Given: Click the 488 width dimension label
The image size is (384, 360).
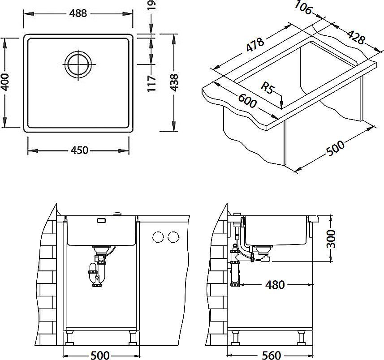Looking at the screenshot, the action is coord(78,13).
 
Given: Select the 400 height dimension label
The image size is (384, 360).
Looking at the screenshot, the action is coord(5,81).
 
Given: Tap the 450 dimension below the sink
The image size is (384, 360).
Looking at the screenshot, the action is coord(79,150).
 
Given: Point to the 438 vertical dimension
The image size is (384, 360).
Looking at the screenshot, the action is coord(174,82).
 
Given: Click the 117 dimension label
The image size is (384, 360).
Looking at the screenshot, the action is coord(152,84).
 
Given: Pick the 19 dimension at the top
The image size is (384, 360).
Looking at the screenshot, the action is coord(152,5).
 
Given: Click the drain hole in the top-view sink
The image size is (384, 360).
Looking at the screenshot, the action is coord(78,64).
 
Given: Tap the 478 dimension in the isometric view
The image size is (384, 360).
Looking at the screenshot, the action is coord(255,45).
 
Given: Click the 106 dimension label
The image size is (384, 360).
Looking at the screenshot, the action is coord(303,7).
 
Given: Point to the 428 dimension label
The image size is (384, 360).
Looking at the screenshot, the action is coord(356,37).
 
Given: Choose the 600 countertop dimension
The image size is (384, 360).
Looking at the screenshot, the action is coord(247,101).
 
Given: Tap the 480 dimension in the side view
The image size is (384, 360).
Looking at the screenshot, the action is coord(275,285).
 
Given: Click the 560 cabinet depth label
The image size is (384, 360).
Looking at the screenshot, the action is coord(271,355).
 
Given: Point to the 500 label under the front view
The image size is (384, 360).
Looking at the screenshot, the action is coord(100,355).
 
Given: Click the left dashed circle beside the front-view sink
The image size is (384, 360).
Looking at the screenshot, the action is coord(158,237).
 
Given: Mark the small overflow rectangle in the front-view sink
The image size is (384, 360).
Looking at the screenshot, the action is coord(102,220).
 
